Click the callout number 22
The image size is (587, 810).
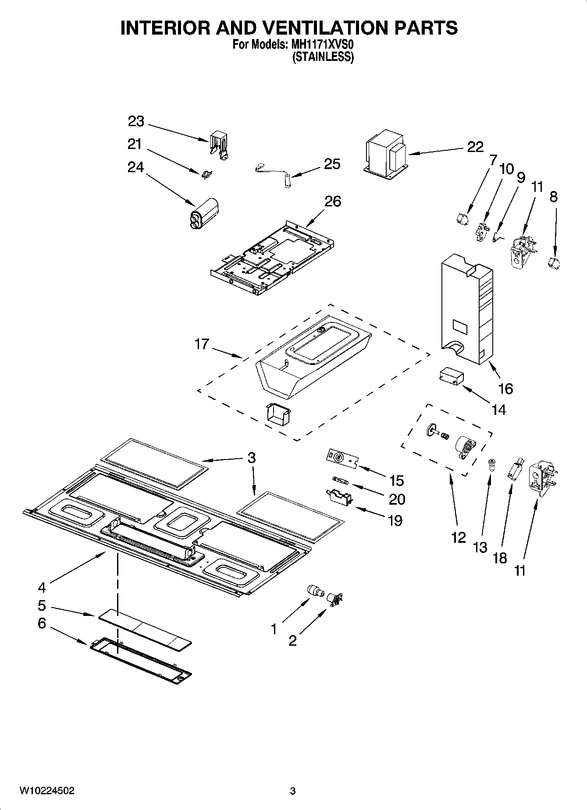tap(475, 147)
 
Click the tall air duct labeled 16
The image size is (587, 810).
tap(467, 311)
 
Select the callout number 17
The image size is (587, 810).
tap(202, 344)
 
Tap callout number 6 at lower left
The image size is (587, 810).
tap(42, 623)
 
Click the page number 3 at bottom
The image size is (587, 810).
tap(292, 791)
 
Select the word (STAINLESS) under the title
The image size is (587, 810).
tap(323, 57)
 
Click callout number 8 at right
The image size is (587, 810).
tap(553, 197)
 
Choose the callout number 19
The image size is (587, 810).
tap(395, 520)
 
